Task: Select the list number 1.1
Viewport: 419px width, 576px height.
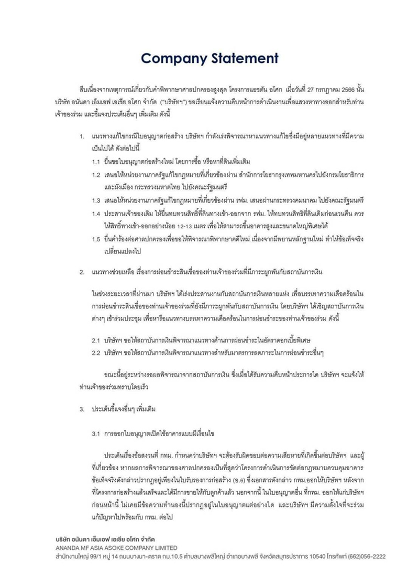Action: point(96,163)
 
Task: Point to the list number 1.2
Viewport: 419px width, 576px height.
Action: point(96,175)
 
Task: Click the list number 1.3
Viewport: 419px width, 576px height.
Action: point(96,200)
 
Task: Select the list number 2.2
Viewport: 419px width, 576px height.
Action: point(96,352)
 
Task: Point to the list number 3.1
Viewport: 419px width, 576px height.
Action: point(96,434)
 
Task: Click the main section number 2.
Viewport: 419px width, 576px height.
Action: point(82,272)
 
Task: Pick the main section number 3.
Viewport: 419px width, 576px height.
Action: point(82,408)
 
